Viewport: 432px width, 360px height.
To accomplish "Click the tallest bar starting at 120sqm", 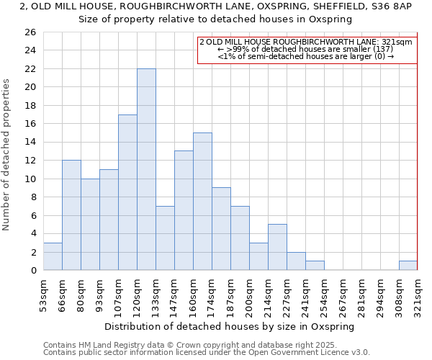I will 146,169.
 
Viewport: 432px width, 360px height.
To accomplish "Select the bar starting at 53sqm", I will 53,256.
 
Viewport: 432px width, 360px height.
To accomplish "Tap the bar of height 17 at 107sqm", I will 127,192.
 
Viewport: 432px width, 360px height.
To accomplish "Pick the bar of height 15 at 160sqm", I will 202,202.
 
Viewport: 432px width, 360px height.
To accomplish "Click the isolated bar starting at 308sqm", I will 408,266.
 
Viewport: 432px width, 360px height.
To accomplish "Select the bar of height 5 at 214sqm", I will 277,247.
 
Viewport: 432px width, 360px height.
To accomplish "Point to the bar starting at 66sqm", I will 71,215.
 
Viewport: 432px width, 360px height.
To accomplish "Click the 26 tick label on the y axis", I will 30,32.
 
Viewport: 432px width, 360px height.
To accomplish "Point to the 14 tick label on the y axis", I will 30,143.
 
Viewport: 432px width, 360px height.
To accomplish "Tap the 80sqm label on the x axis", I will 81,293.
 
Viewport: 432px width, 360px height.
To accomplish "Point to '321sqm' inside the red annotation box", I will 397,42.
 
